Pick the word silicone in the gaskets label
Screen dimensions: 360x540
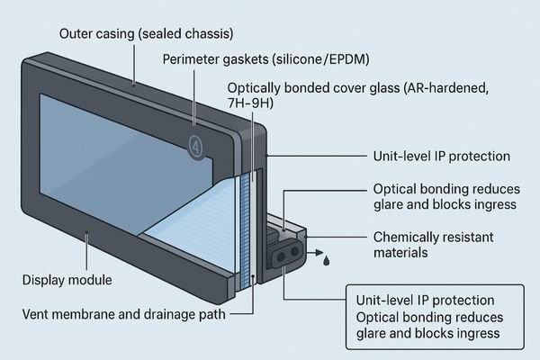coord(279,60)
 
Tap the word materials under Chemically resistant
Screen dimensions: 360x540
coord(401,254)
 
